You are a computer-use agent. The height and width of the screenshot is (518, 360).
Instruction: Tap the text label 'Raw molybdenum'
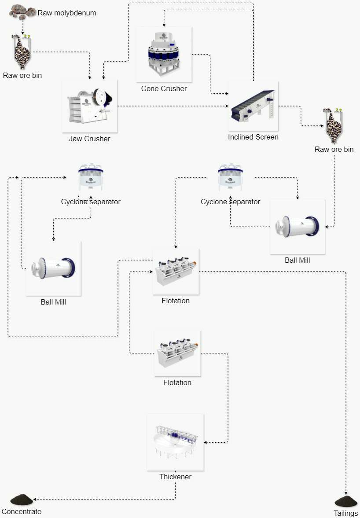coord(67,13)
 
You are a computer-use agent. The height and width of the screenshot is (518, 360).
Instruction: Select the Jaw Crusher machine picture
coord(90,106)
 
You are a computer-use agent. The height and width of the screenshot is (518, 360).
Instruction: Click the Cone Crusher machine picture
coord(164,54)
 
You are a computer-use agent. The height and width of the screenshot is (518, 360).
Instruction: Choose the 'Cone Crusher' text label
coord(164,88)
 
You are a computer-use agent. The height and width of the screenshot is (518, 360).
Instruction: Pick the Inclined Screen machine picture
coord(253,106)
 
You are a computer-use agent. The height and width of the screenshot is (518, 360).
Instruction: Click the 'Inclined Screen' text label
coord(253,137)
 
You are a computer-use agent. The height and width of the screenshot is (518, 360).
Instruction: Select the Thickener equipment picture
coord(175,442)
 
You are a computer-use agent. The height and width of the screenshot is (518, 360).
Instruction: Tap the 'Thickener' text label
coord(175,477)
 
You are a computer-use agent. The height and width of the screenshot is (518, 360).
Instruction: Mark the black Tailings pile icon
coord(346,501)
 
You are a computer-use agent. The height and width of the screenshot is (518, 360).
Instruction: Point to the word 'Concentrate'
coord(21,511)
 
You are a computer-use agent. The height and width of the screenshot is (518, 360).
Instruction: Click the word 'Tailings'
coord(346,513)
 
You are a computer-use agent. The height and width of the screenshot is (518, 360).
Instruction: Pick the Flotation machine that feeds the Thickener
coord(177,353)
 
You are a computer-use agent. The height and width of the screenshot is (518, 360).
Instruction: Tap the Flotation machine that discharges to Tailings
coord(176,272)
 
